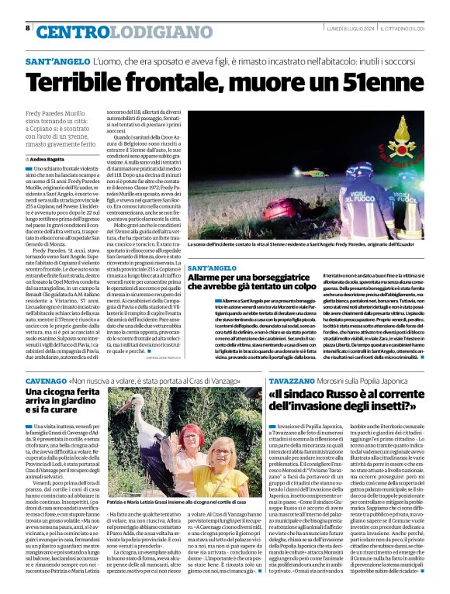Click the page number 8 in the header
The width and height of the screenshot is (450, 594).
(28, 28)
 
